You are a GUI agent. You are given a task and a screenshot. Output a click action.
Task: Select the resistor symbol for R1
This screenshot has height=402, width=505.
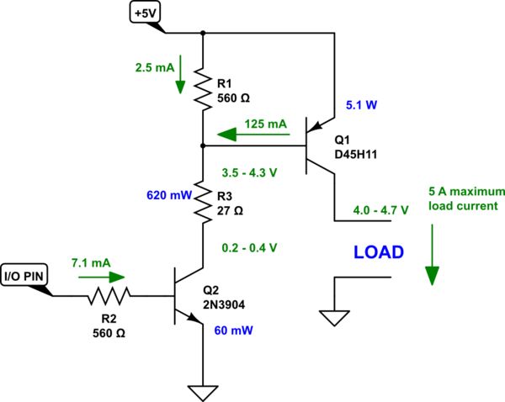point(203,89)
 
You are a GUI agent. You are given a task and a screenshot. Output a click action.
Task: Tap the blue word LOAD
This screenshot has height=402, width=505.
point(379,251)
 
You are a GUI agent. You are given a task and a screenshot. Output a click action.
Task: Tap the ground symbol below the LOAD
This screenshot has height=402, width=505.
point(335,317)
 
